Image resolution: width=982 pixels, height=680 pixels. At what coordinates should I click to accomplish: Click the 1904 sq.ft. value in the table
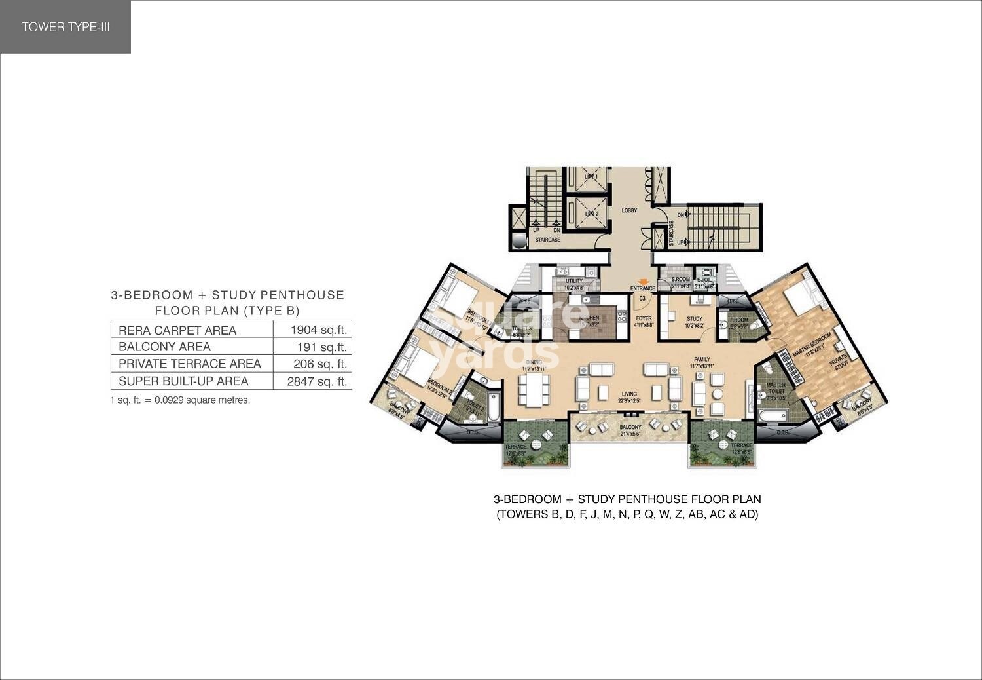[318, 330]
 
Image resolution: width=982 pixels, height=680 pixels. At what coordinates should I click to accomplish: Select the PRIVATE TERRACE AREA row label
[190, 364]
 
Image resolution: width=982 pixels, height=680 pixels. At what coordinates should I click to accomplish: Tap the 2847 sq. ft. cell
[317, 381]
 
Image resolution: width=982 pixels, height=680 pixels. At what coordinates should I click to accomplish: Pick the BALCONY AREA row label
[164, 347]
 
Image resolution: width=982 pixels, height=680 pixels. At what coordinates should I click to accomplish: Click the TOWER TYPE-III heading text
[65, 27]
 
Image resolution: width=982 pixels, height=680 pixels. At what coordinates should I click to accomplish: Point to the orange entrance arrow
[643, 282]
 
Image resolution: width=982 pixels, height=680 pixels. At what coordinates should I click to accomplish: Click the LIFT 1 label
[591, 177]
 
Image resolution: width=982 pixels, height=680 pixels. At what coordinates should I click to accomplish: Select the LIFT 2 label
[591, 214]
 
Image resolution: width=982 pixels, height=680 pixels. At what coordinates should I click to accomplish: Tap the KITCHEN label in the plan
[589, 318]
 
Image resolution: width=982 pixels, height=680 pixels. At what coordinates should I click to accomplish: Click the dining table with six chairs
[534, 389]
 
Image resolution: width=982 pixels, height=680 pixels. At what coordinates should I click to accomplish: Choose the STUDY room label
[694, 319]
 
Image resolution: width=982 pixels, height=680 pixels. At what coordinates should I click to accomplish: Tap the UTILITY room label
[573, 281]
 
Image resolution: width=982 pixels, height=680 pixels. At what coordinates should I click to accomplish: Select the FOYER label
[644, 318]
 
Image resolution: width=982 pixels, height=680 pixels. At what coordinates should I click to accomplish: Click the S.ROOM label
[680, 280]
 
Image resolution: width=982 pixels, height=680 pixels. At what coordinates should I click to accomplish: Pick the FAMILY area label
[702, 360]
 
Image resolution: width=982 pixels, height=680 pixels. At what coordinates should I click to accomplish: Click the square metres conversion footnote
[180, 400]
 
